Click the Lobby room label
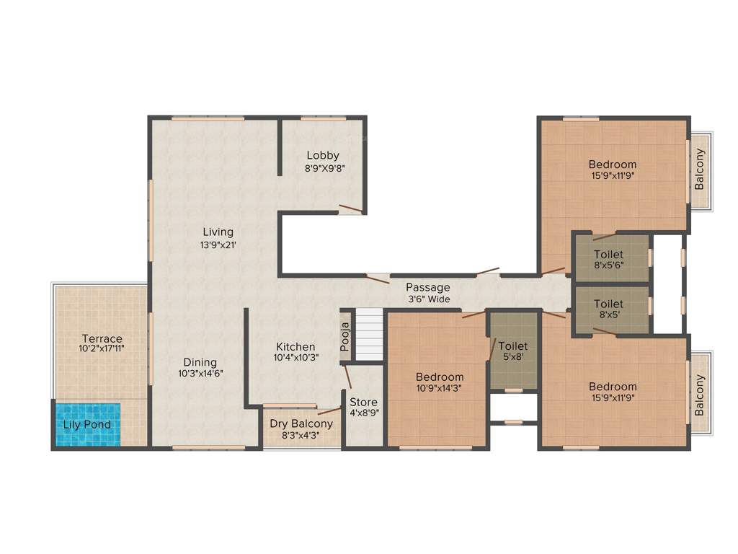pos(322,155)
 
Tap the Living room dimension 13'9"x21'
pos(218,245)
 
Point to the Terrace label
pos(102,338)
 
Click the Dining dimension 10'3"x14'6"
pos(200,374)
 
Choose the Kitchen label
pos(295,347)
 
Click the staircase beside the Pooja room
pos(369,333)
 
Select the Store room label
pos(363,402)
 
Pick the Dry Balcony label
pos(301,423)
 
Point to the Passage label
pos(427,287)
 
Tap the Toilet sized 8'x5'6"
pos(609,259)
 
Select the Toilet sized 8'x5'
pos(609,309)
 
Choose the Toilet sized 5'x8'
pos(513,351)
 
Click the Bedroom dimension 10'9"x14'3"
pos(440,388)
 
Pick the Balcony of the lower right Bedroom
pos(699,395)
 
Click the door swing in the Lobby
pos(351,209)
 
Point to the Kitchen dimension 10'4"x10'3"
pos(295,357)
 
